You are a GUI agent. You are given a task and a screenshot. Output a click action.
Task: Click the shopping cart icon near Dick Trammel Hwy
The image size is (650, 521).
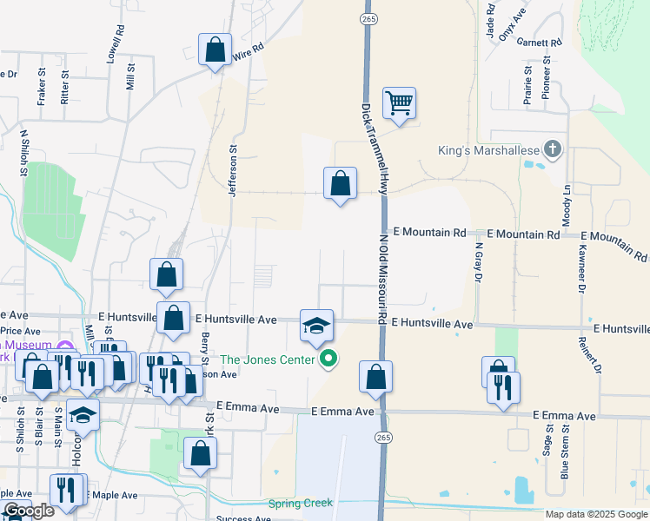tap(399, 102)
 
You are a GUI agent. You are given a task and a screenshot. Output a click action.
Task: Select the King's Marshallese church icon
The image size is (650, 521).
tap(551, 149)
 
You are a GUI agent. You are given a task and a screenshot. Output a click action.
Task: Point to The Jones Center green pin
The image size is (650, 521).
tap(328, 358)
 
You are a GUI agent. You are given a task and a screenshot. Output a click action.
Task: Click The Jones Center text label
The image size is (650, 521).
tap(269, 359)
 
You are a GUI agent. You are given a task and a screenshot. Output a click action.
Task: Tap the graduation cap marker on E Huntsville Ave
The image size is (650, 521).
tap(317, 326)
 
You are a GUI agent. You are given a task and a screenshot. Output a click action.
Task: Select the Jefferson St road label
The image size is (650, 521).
tap(233, 170)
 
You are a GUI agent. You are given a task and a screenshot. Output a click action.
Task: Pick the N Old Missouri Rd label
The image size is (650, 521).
tap(381, 277)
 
